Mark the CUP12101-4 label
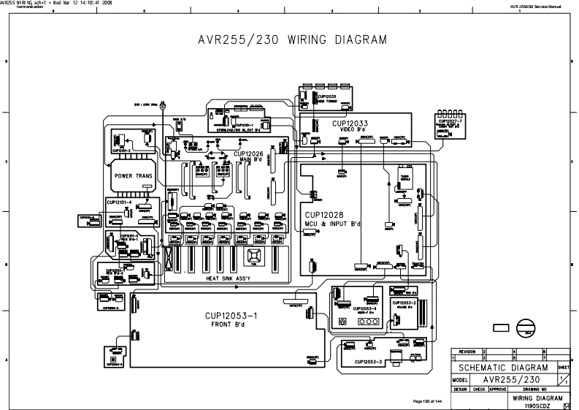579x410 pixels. click(x=118, y=202)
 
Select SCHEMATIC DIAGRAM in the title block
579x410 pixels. click(x=503, y=368)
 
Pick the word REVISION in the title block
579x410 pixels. click(x=467, y=352)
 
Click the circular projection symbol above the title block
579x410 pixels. click(x=526, y=327)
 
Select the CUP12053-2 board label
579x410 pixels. click(x=404, y=303)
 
